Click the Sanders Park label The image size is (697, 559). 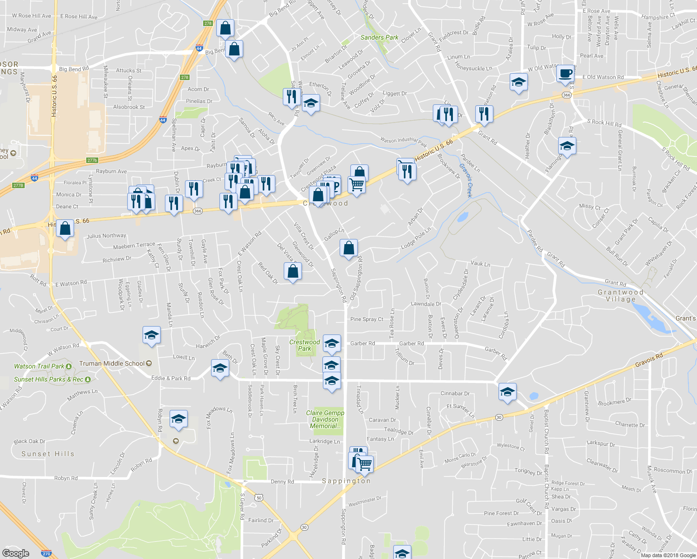pyautogui.click(x=379, y=37)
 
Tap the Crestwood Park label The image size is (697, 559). pyautogui.click(x=304, y=345)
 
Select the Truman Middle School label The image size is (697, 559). pyautogui.click(x=112, y=363)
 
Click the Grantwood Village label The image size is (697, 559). pyautogui.click(x=621, y=296)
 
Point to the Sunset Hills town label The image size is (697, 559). pyautogui.click(x=48, y=454)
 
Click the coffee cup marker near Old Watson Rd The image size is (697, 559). pyautogui.click(x=565, y=74)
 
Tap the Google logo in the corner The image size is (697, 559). pyautogui.click(x=15, y=553)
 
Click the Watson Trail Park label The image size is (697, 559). pyautogui.click(x=39, y=367)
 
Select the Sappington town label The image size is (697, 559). pyautogui.click(x=346, y=481)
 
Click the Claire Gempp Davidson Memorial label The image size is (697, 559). pyautogui.click(x=325, y=419)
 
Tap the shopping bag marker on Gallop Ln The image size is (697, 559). pyautogui.click(x=348, y=248)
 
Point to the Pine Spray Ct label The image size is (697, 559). pyautogui.click(x=367, y=319)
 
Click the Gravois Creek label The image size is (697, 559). pyautogui.click(x=466, y=180)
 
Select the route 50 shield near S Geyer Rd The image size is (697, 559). pyautogui.click(x=259, y=498)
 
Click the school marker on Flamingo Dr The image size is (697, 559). pyautogui.click(x=567, y=146)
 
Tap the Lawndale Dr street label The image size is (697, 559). pyautogui.click(x=426, y=304)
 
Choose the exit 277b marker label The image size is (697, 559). pyautogui.click(x=92, y=160)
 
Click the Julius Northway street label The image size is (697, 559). pyautogui.click(x=106, y=236)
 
